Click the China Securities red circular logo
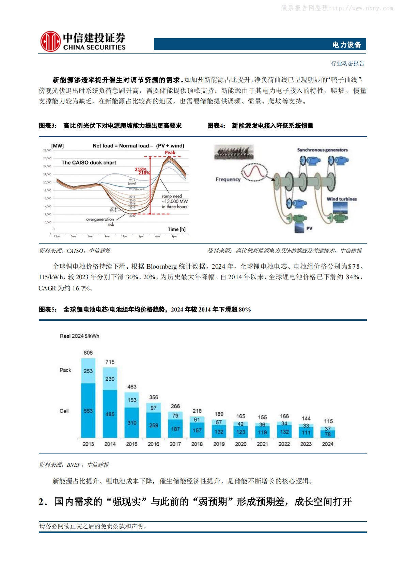pos(50,42)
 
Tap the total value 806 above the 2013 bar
pos(88,353)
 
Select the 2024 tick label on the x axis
pos(328,444)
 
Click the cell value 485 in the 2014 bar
pos(110,414)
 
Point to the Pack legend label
pos(65,370)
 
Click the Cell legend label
pos(64,411)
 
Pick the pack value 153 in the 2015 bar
pos(132,400)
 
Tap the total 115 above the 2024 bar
pos(328,421)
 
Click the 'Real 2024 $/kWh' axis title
pos(79,336)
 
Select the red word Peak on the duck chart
pos(170,153)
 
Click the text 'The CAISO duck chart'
pos(89,163)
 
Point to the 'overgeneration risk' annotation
pos(101,222)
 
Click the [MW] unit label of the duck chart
pos(57,146)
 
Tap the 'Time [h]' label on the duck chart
pos(176,229)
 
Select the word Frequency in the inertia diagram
pos(228,179)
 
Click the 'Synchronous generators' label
pos(322,150)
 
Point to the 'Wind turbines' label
pos(342,199)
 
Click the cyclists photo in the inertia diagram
pos(234,152)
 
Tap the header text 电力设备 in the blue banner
pos(346,45)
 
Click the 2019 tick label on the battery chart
pos(219,444)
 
